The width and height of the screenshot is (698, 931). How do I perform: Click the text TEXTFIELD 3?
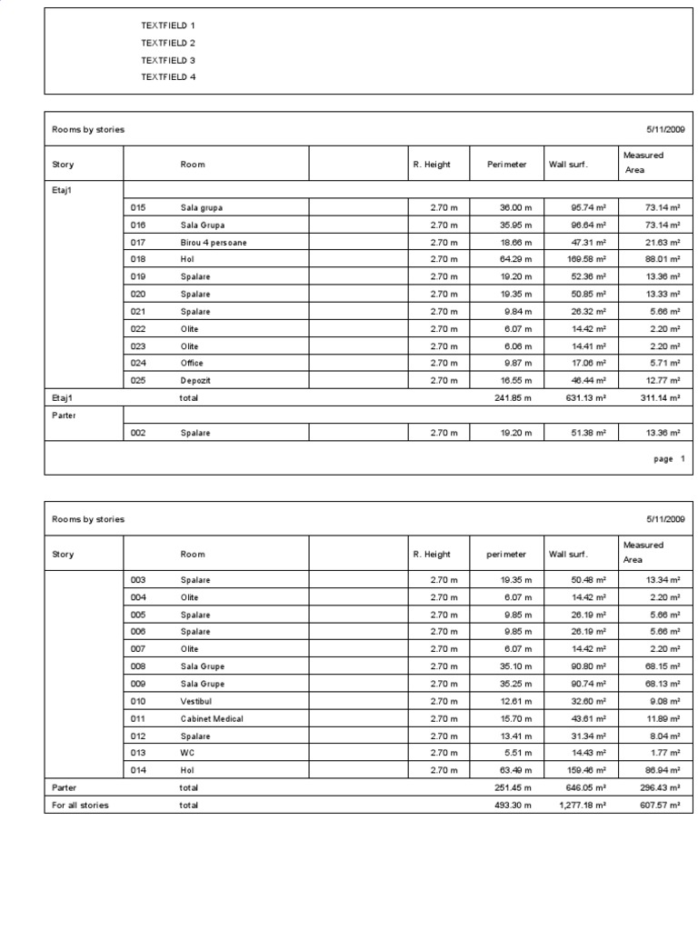coord(168,60)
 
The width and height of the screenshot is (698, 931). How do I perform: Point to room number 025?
coord(138,380)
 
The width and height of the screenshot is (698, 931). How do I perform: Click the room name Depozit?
coord(195,380)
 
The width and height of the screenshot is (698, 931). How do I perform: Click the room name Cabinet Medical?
coord(212,718)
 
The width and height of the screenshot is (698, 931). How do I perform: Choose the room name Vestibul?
coord(197,701)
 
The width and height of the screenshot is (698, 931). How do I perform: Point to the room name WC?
coord(187,753)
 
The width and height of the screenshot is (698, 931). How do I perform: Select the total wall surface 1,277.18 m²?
coord(581,806)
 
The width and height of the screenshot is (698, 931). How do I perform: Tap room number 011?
coord(138,718)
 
